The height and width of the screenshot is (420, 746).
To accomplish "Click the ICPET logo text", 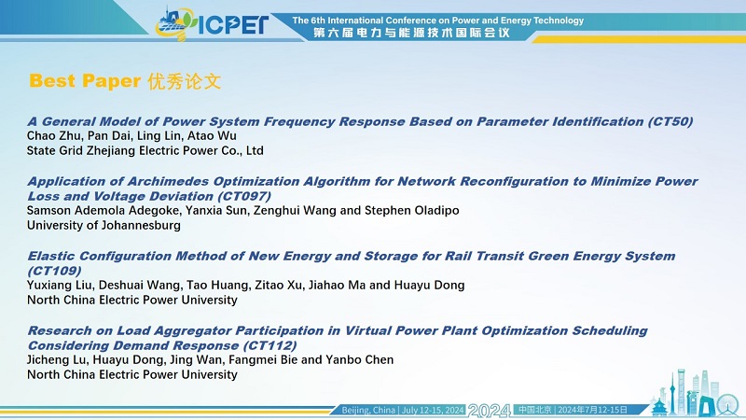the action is pos(233,25).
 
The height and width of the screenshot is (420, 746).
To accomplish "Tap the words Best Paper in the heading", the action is pos(85,81).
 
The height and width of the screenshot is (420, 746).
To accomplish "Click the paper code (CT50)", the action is pos(670,121).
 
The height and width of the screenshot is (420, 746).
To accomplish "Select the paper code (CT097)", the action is pos(244,196).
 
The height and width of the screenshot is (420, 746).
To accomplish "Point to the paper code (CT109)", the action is pos(54,271).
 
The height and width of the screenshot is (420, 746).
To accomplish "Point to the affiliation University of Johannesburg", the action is pos(104,225).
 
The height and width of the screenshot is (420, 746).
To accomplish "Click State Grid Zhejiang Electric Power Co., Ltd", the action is pos(145,150).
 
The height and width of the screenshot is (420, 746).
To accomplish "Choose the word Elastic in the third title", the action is pos(51,256).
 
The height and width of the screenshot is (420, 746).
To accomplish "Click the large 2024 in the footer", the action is pos(490,411).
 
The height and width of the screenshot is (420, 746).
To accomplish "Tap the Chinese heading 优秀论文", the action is pos(184,81).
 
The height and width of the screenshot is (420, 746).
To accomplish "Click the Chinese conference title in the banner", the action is pos(411,33).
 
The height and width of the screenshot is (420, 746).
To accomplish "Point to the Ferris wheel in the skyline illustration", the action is pos(727,405).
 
